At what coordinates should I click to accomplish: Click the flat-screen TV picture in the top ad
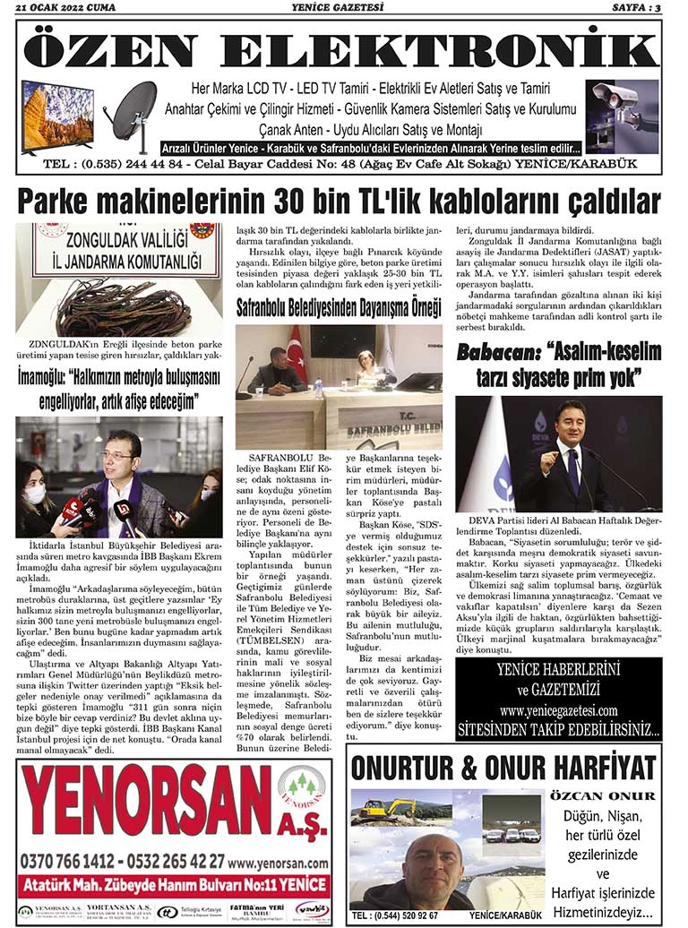point(57,115)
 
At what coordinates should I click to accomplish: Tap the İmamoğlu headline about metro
point(118,387)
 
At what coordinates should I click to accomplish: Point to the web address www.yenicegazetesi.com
point(559,710)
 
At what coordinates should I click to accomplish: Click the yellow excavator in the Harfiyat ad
point(388,810)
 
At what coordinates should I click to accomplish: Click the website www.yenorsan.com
point(279,863)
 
